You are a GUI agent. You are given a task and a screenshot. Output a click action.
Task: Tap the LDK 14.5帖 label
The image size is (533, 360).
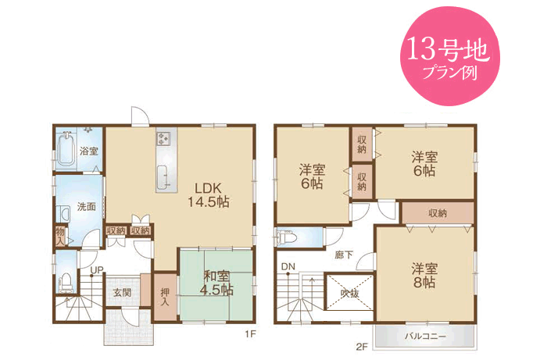point(209,195)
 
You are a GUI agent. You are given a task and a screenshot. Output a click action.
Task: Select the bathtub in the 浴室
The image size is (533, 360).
point(66,150)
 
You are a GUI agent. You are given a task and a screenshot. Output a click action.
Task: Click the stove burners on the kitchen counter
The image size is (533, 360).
point(163,138)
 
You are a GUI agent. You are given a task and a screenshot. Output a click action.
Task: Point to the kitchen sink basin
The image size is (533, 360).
point(164,176)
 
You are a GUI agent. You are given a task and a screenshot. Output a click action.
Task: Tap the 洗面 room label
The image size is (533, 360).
point(86,206)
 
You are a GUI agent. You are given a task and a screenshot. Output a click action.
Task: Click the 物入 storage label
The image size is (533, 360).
point(60,237)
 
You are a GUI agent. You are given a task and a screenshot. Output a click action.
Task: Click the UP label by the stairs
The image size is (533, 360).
point(97,270)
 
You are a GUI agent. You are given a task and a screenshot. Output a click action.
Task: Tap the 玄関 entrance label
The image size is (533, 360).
point(122,292)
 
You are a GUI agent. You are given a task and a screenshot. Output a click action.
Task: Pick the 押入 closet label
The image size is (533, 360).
point(165,297)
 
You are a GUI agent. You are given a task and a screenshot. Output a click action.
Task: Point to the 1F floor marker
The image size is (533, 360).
point(250,334)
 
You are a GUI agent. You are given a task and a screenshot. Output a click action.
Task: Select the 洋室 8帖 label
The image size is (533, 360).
point(424,276)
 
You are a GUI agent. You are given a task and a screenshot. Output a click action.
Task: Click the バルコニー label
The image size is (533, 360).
point(425,337)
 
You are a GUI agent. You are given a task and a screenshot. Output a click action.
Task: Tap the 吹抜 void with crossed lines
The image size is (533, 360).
point(350,293)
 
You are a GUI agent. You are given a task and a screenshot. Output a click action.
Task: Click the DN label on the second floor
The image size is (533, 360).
point(288,267)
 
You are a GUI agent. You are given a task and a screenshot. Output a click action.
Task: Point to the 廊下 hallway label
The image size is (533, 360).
point(344,255)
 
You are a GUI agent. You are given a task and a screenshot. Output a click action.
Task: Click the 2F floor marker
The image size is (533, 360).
point(363,347)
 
